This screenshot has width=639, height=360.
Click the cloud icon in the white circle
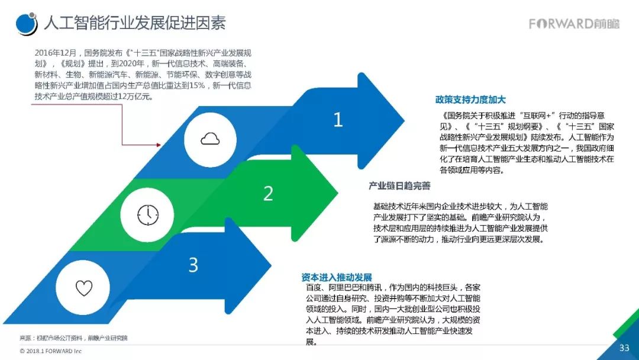pyautogui.click(x=210, y=139)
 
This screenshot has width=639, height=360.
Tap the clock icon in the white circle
pyautogui.click(x=147, y=214)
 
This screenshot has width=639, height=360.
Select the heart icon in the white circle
pyautogui.click(x=84, y=288)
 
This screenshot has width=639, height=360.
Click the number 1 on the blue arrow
pyautogui.click(x=338, y=120)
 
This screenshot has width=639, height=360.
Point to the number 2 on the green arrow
pyautogui.click(x=268, y=193)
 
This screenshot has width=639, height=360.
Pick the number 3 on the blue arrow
pyautogui.click(x=193, y=265)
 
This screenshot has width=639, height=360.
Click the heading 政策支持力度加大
pyautogui.click(x=470, y=100)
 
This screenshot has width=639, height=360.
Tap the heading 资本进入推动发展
pyautogui.click(x=336, y=277)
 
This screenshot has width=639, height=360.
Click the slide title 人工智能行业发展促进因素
pyautogui.click(x=134, y=23)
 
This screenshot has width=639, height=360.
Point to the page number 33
pyautogui.click(x=624, y=348)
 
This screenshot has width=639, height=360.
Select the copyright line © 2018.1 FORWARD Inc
pyautogui.click(x=50, y=351)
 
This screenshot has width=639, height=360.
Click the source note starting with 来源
pyautogui.click(x=73, y=338)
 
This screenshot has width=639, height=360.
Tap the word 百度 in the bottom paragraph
pyautogui.click(x=315, y=287)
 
